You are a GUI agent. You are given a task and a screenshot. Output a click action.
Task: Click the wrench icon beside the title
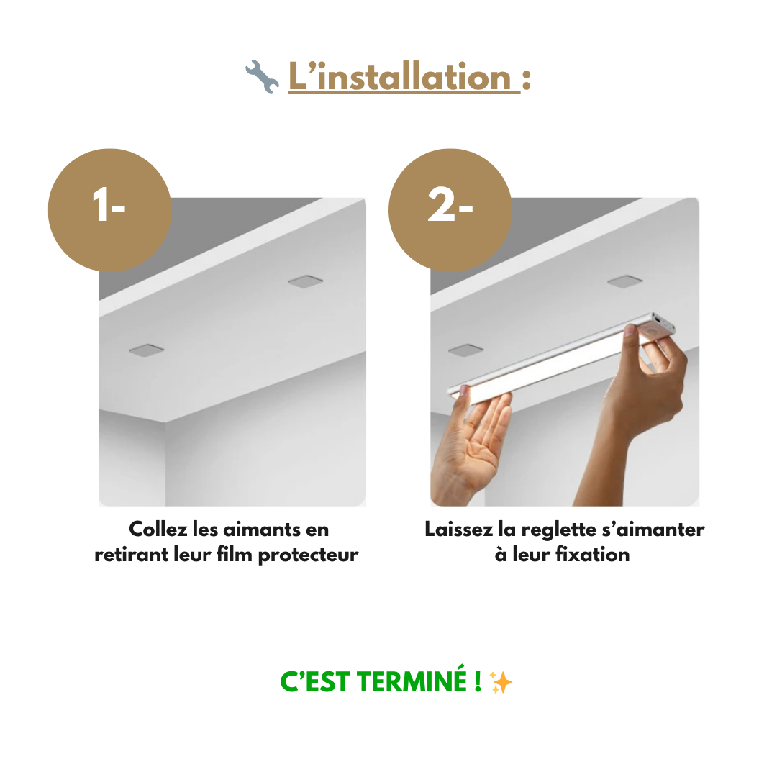click(262, 78)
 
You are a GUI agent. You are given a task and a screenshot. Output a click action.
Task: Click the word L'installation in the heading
click(403, 77)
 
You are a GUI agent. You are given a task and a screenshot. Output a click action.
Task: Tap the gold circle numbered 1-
click(109, 209)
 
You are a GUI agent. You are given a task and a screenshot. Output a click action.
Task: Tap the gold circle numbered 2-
click(450, 209)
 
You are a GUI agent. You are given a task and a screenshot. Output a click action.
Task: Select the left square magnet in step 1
click(146, 350)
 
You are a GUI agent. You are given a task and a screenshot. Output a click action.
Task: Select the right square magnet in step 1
click(305, 281)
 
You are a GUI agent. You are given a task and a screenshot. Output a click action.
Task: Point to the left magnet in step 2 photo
click(465, 350)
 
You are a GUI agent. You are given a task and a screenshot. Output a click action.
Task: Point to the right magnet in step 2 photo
click(624, 281)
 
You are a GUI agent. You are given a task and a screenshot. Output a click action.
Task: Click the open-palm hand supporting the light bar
click(471, 446)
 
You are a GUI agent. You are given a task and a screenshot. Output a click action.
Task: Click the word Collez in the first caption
click(159, 530)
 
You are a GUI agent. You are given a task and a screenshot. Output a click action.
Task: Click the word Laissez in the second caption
click(458, 530)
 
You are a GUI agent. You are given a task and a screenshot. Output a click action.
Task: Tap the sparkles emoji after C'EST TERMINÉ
click(501, 682)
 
